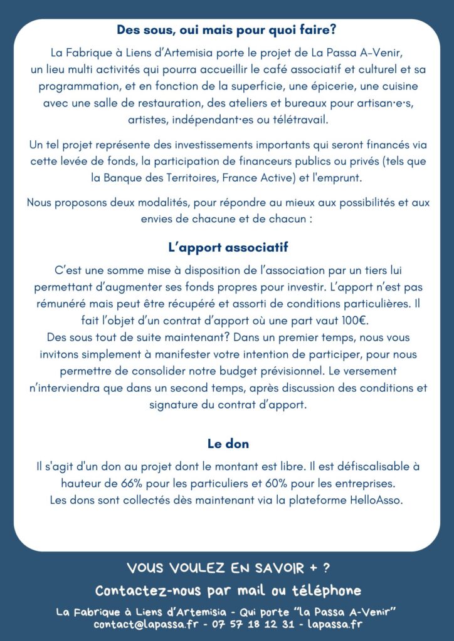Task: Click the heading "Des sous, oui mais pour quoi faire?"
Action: click(227, 29)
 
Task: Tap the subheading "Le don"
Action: click(228, 444)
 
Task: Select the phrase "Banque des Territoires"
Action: click(160, 178)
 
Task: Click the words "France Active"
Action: click(255, 178)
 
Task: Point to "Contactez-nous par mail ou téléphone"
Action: click(228, 590)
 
